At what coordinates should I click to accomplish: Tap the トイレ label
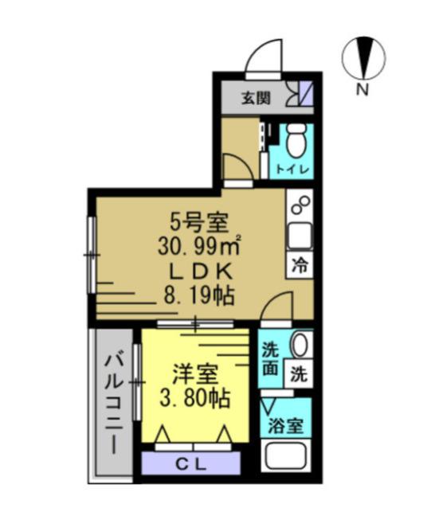coord(295,170)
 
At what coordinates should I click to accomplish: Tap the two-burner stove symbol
coord(300,206)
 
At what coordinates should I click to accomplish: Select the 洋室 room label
coord(191,371)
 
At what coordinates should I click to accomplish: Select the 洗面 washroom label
coord(271,358)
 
